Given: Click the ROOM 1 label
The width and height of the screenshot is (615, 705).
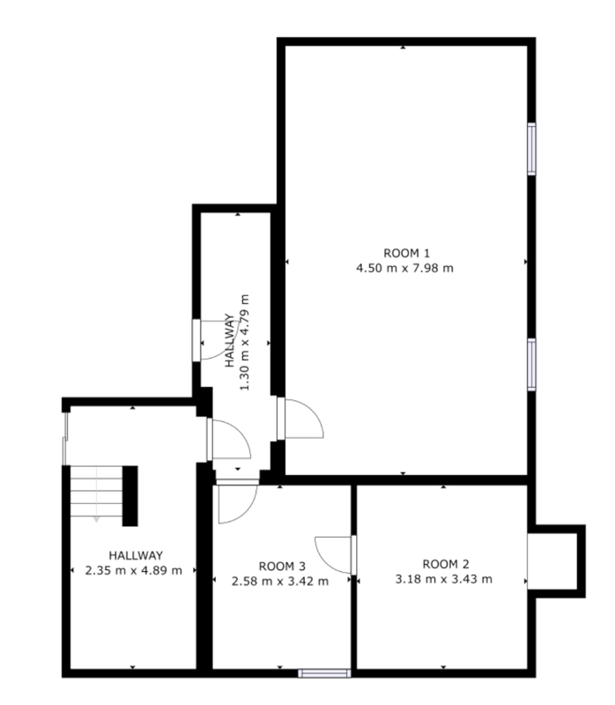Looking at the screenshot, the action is (406, 253).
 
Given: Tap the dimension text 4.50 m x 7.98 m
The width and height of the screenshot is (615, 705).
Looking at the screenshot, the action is (404, 269).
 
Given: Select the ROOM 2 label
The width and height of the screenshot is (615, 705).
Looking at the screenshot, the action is (446, 564).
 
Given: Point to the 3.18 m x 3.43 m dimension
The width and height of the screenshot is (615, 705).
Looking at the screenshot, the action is (444, 579).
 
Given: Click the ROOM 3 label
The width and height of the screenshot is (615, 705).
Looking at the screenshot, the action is (282, 566).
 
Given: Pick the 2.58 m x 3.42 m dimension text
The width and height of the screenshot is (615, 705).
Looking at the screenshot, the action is (280, 582).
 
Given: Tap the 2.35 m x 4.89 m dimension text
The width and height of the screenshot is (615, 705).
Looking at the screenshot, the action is (134, 570).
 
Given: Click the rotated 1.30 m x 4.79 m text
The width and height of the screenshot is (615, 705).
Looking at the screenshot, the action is (244, 343).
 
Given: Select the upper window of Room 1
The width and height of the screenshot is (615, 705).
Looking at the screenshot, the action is (531, 148).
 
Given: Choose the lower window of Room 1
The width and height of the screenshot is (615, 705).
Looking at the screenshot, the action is (531, 364).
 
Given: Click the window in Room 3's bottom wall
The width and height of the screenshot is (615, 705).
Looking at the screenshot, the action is (324, 673).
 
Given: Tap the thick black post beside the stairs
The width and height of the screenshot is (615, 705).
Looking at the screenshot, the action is (130, 496).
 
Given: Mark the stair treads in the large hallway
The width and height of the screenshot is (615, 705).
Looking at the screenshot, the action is (96, 492).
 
